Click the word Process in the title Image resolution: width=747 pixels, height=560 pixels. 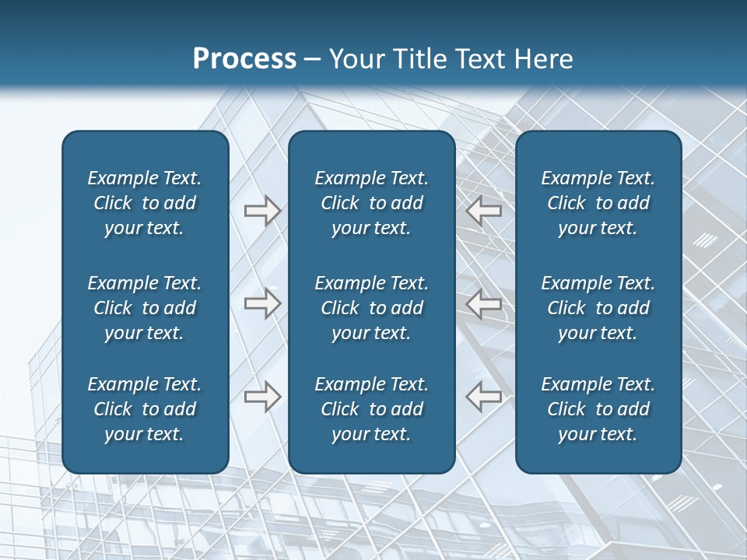244,59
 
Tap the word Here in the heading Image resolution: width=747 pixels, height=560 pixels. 542,59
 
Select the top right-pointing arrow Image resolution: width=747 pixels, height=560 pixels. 262,211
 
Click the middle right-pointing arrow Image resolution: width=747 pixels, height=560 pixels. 262,303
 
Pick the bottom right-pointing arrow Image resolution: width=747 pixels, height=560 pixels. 262,397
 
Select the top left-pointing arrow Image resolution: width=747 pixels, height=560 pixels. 484,211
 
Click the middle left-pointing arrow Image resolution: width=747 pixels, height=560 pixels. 484,303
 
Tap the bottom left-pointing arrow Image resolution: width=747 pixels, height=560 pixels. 484,397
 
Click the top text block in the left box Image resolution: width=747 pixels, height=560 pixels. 145,203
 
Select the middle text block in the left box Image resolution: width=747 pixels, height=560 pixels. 145,308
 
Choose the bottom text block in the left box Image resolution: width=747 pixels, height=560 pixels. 145,409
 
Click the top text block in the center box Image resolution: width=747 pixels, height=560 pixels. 371,203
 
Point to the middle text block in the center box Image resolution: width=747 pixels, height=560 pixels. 371,308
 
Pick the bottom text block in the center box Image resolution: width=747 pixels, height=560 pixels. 371,409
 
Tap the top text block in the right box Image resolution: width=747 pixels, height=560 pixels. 598,203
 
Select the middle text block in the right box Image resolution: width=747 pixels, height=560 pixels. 598,308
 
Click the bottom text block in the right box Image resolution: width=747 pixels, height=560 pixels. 598,409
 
